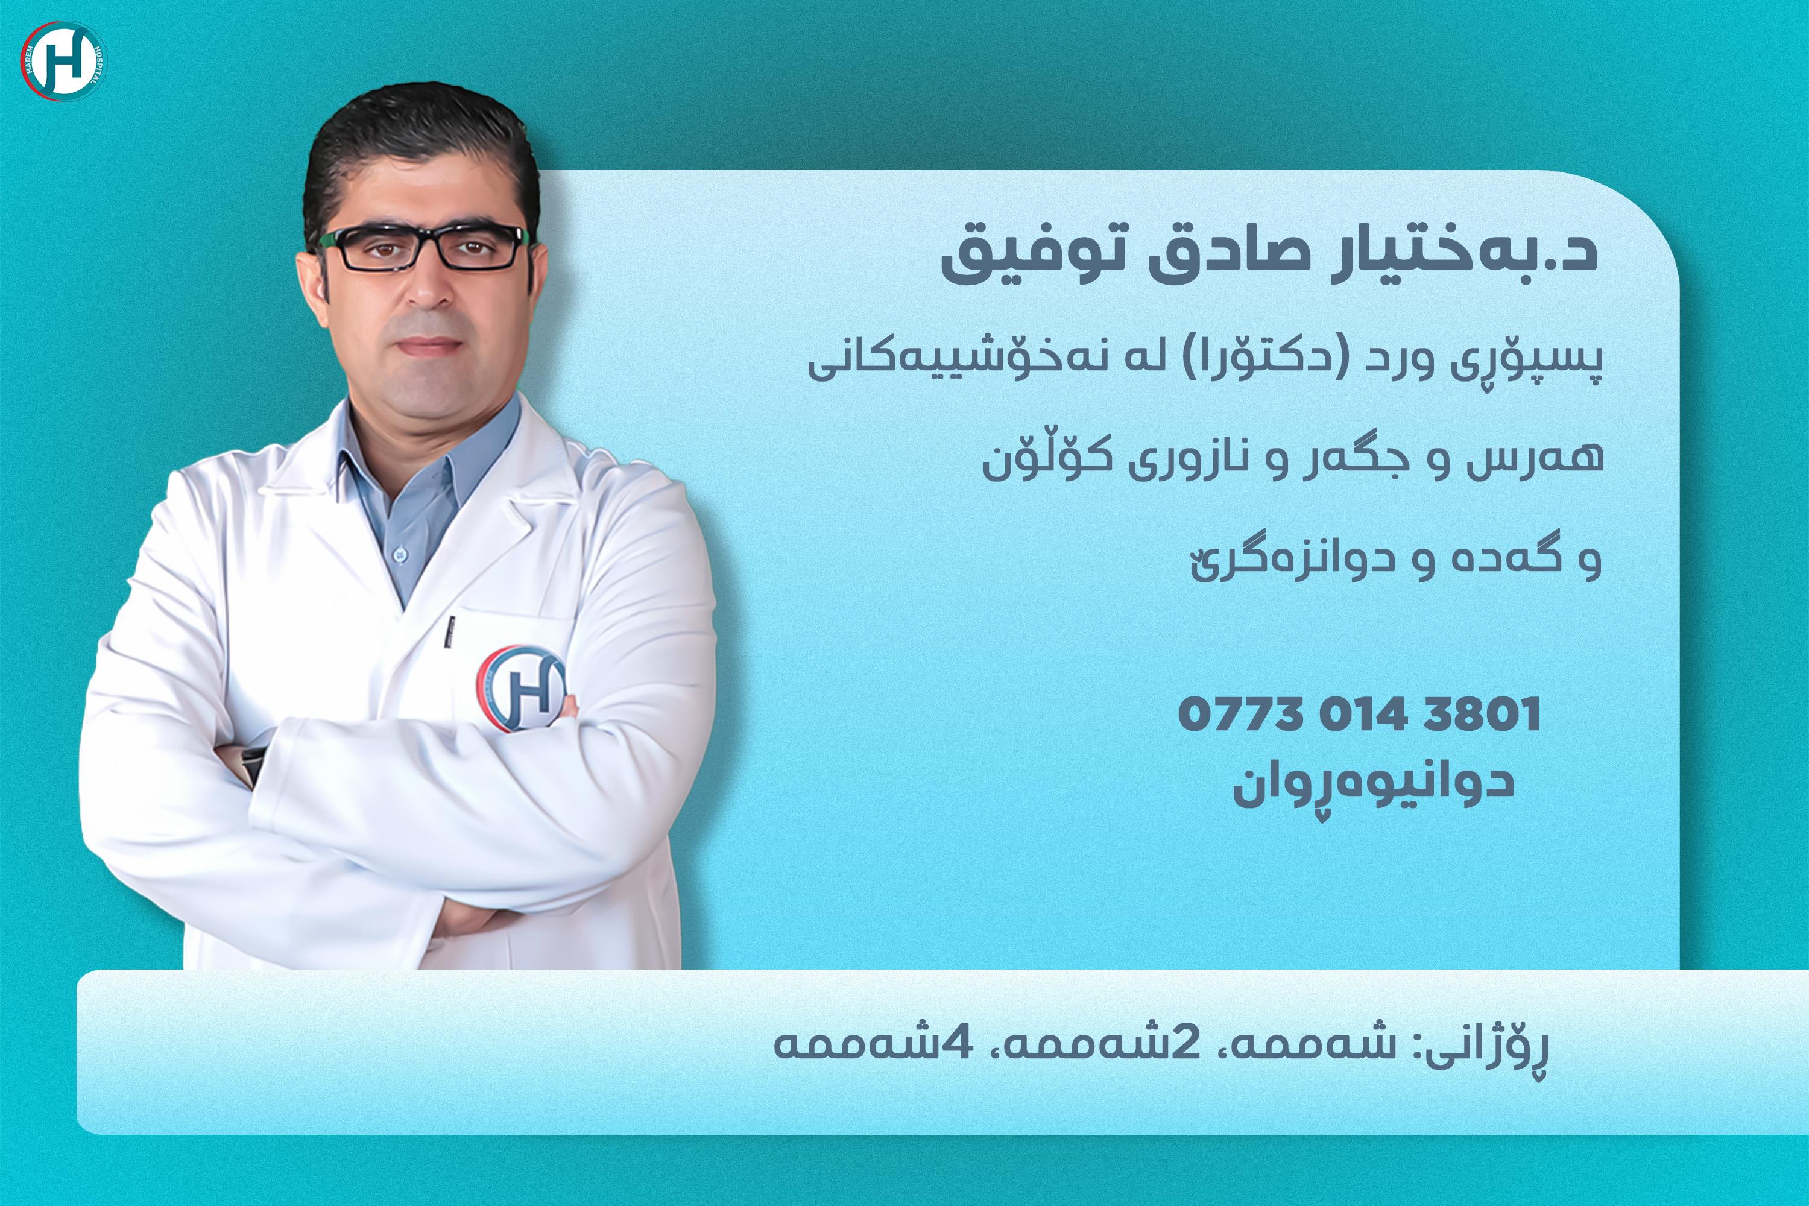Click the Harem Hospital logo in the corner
[x=64, y=62]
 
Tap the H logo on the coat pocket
[x=522, y=687]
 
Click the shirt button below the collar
[x=399, y=553]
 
